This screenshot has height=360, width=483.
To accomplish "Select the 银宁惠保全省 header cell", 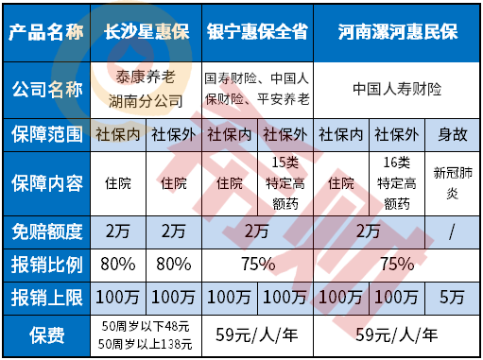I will (256, 32).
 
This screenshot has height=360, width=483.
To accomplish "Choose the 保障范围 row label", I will (46, 134).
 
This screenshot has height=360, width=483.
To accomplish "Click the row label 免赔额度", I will (46, 229).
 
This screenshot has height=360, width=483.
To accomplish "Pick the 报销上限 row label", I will (46, 297).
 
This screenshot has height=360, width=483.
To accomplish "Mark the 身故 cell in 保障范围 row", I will (449, 134).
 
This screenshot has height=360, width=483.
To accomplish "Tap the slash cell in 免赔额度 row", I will (449, 229).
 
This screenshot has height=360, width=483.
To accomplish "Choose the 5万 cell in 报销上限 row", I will (449, 297).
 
